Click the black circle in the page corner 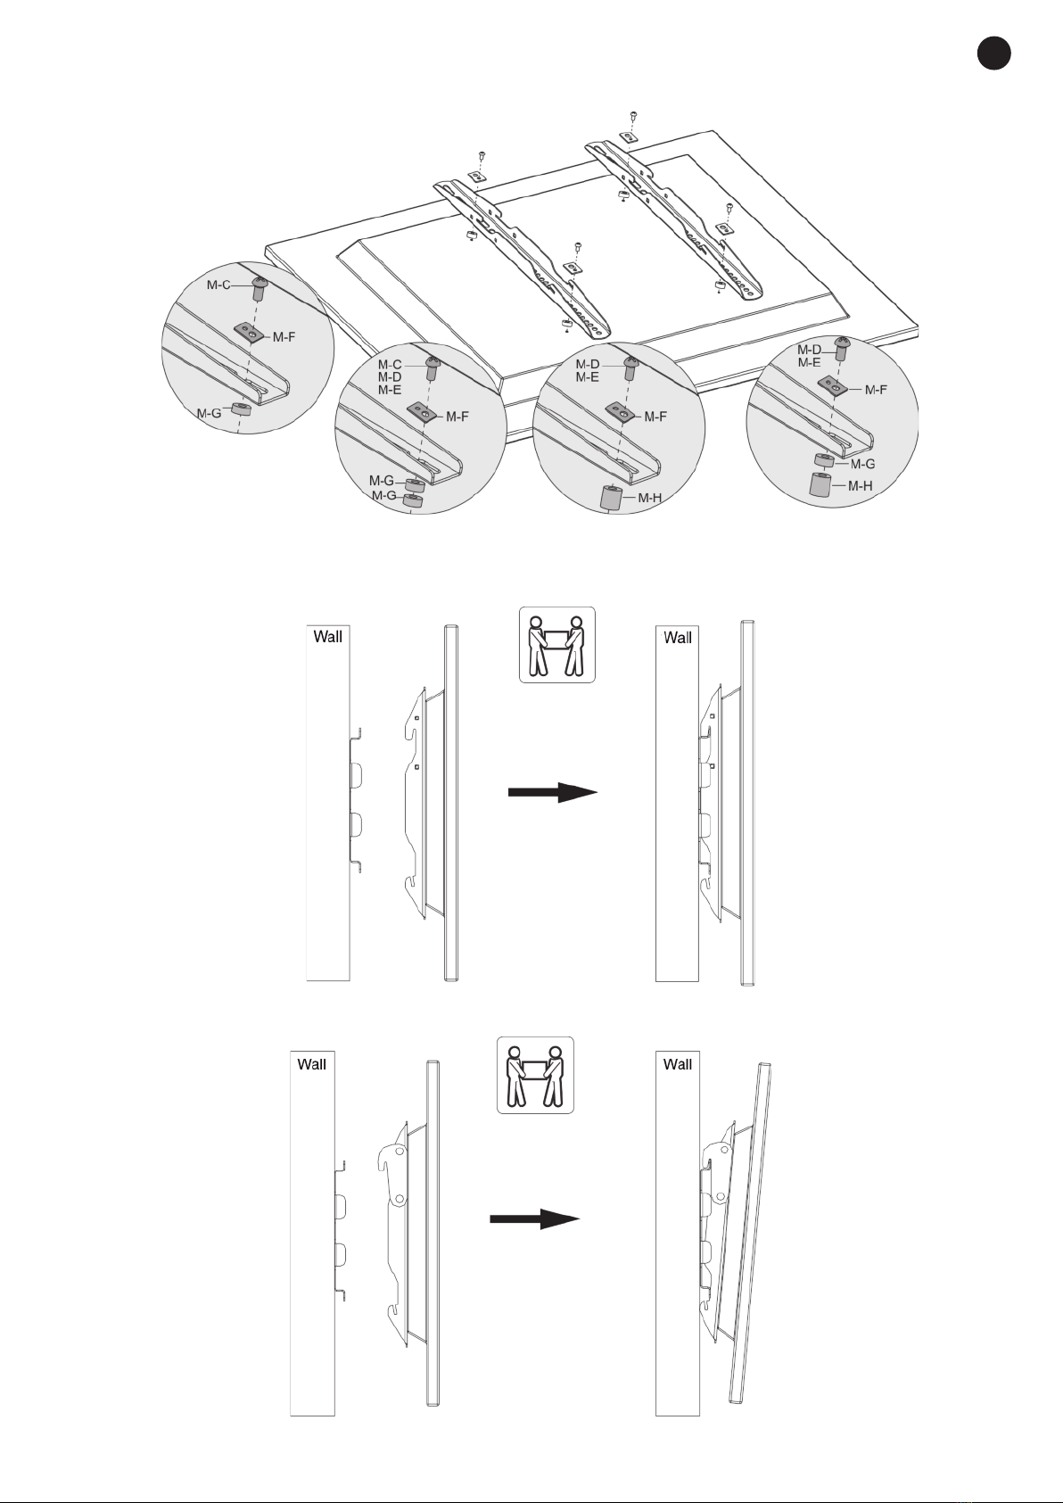(993, 53)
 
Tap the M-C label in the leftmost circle (218, 285)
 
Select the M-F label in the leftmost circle (284, 337)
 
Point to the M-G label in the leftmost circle (209, 413)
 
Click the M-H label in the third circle (649, 498)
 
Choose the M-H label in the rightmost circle (860, 486)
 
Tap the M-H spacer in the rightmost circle (820, 484)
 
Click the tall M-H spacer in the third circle (610, 499)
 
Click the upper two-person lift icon (556, 645)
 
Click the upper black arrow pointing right (553, 792)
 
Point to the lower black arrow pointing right (534, 1219)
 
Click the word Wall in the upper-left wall (328, 637)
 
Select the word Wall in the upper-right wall (678, 638)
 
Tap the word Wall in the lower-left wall (312, 1064)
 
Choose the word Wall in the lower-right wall (678, 1064)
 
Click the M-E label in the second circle (390, 390)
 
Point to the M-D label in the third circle (588, 364)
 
